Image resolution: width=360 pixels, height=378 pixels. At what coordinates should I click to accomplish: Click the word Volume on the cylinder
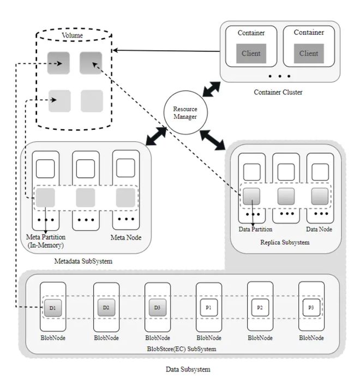pos(72,36)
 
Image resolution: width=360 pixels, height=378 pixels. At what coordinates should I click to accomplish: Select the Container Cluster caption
pos(278,92)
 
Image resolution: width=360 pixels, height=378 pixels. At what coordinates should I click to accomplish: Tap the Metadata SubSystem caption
pos(83,261)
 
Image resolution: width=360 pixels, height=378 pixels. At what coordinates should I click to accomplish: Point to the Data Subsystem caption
pos(188,369)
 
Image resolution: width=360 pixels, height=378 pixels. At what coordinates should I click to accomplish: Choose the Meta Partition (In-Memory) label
pos(46,241)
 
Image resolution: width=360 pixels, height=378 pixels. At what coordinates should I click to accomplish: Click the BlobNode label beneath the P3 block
pos(311,338)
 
